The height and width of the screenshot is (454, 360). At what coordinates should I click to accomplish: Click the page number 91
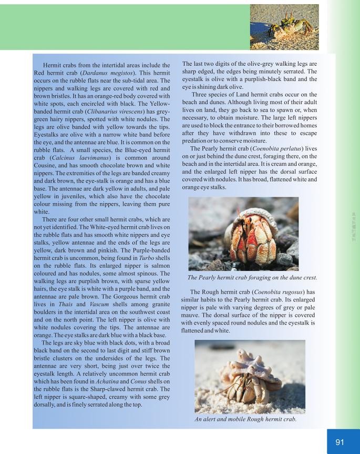click(340, 442)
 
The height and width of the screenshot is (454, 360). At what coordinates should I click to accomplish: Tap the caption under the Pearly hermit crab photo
click(252, 278)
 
